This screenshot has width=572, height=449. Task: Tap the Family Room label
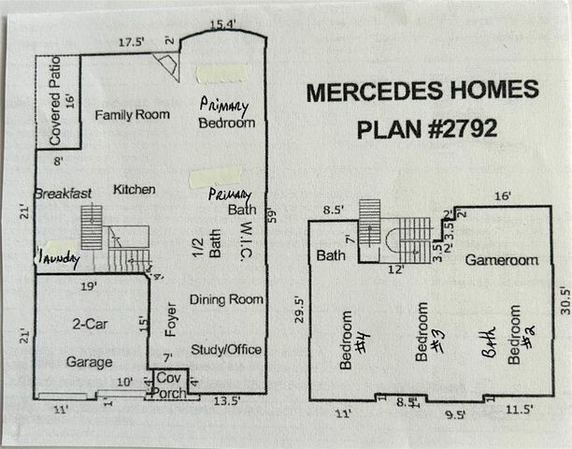tap(133, 114)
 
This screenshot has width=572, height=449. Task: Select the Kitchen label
tap(134, 190)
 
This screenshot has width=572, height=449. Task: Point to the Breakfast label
tap(63, 194)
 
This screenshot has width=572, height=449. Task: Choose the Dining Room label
tap(226, 300)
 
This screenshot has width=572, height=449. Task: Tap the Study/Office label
tap(225, 350)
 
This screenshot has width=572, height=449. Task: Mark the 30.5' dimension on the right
tap(564, 304)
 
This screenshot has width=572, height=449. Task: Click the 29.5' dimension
tap(298, 310)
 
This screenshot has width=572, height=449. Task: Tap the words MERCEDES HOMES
tap(422, 91)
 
